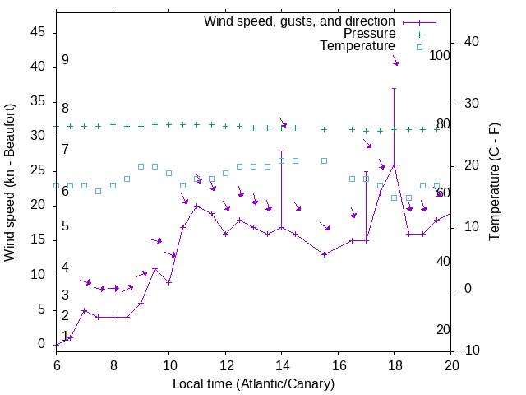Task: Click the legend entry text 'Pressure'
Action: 371,34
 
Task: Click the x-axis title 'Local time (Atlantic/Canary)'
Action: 254,384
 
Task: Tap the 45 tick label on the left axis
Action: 38,32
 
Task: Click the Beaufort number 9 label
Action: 65,60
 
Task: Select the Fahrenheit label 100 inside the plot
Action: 440,56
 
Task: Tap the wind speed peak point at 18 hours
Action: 394,165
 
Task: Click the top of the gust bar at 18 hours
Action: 394,88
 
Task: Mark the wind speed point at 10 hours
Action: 168,282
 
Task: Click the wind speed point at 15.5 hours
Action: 324,254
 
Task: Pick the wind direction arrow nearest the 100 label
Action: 395,61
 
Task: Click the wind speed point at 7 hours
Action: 84,310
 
